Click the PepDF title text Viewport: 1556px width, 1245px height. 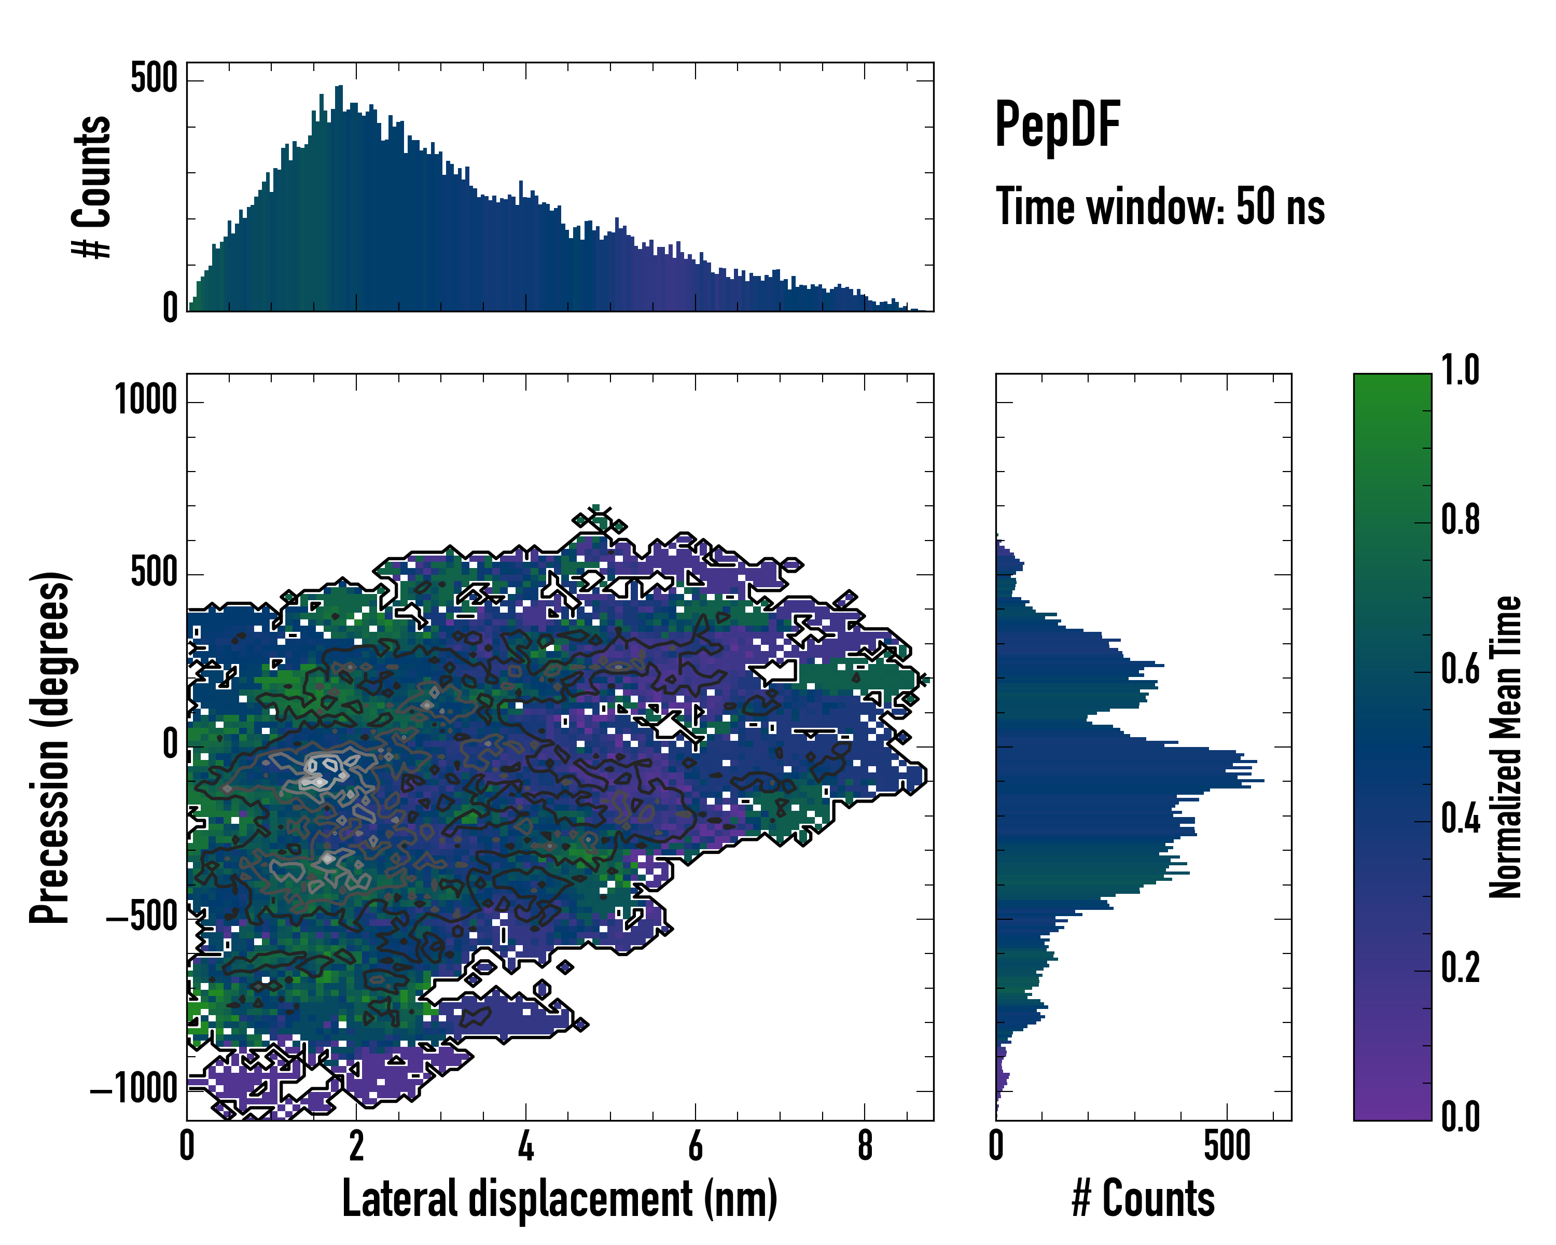[1057, 125]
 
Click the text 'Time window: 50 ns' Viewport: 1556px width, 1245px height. [1160, 207]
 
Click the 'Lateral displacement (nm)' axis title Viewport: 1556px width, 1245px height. [559, 1198]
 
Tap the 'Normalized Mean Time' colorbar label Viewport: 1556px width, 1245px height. [1505, 747]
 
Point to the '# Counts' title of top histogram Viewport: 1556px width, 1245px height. [92, 187]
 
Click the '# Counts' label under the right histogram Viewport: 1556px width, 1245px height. [1143, 1198]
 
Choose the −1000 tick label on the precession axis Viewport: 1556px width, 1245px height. [134, 1088]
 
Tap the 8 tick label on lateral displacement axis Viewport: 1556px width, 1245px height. [865, 1145]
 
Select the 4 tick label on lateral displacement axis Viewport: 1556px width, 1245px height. [526, 1145]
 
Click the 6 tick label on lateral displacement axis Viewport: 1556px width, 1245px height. [695, 1145]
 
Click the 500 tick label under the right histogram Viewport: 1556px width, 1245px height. [1227, 1145]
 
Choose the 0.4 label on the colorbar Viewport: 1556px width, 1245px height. [1460, 819]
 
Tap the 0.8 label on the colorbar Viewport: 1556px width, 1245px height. [1460, 520]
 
